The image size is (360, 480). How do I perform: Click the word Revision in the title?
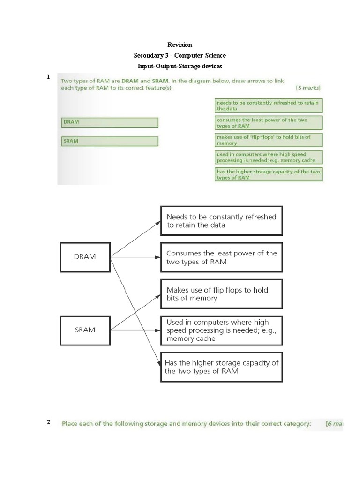[180, 45]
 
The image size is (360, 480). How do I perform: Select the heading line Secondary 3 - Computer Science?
[180, 56]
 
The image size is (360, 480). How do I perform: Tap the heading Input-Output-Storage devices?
[180, 67]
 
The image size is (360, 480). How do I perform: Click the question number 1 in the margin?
[48, 77]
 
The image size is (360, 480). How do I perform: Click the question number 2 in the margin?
[48, 422]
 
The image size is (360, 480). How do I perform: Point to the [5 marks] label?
[308, 88]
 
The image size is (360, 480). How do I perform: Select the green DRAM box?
[110, 122]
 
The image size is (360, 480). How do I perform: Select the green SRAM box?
[110, 141]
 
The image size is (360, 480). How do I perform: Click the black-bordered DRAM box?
[85, 257]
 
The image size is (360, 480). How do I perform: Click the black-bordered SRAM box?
[85, 330]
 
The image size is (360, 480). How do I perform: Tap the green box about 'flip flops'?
[269, 140]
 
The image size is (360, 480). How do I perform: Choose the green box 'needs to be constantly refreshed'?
[269, 105]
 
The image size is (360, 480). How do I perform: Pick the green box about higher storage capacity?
[269, 174]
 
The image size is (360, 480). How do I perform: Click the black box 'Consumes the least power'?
[222, 257]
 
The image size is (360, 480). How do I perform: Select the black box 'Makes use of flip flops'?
[222, 294]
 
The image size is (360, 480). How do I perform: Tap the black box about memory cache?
[222, 330]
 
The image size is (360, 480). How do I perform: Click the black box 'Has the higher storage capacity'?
[222, 367]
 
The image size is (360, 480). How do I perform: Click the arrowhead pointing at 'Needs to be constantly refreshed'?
[158, 222]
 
